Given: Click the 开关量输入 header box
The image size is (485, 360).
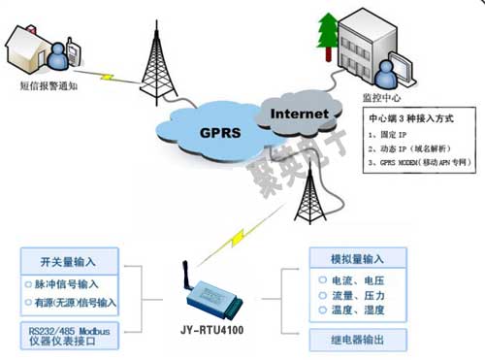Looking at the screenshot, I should [71, 260].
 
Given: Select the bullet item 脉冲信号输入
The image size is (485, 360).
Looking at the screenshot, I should [76, 284].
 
